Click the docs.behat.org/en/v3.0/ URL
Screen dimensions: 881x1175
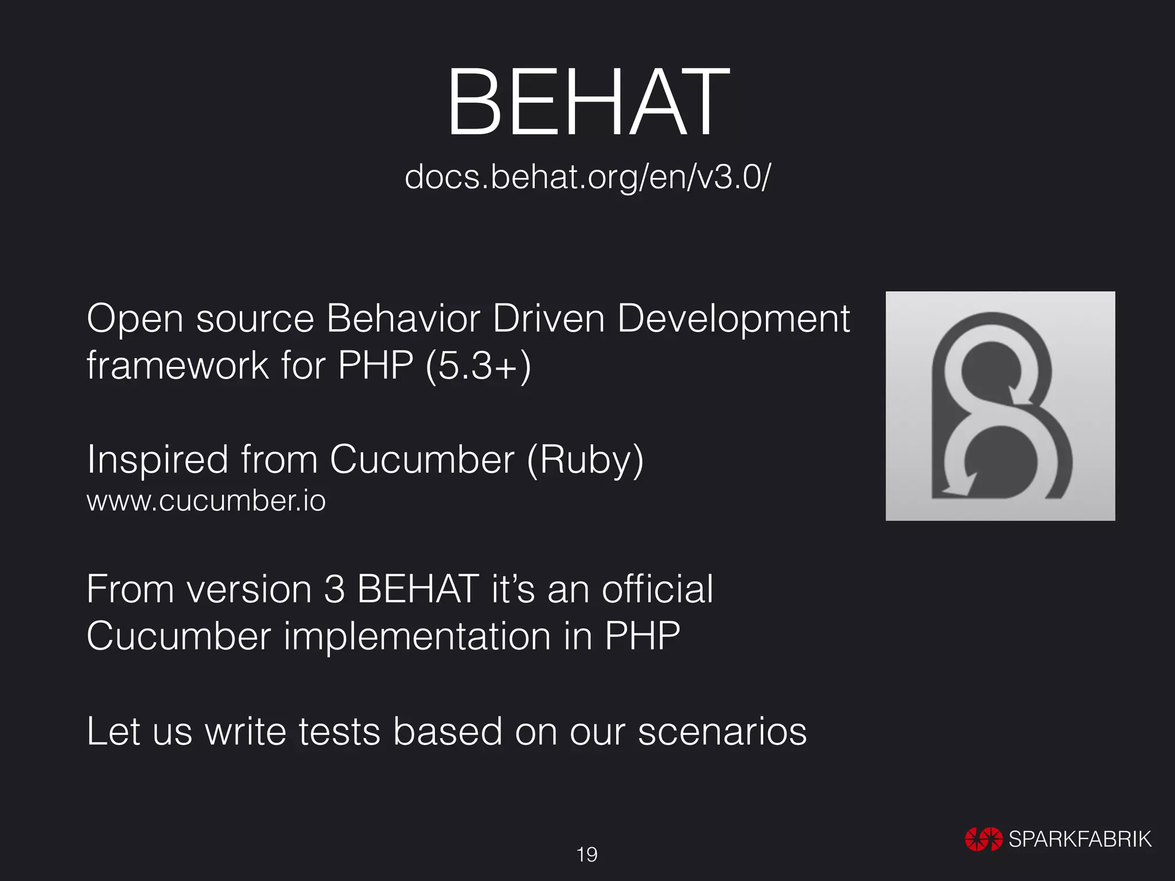pos(587,177)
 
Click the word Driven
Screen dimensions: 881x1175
pos(548,319)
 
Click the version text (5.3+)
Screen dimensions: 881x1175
pos(478,366)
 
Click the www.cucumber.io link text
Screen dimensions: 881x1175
pos(206,501)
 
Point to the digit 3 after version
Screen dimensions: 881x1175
pos(334,590)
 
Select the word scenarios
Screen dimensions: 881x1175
pos(722,732)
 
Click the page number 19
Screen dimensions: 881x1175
pos(587,855)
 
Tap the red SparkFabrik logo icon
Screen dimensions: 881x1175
pos(983,839)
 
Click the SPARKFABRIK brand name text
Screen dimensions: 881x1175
pos(1080,839)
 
